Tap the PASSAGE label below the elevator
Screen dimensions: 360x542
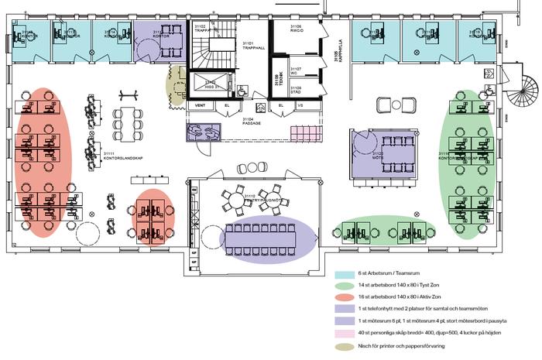point(250,122)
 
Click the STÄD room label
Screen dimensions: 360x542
point(296,91)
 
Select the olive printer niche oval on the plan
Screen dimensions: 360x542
point(177,85)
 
